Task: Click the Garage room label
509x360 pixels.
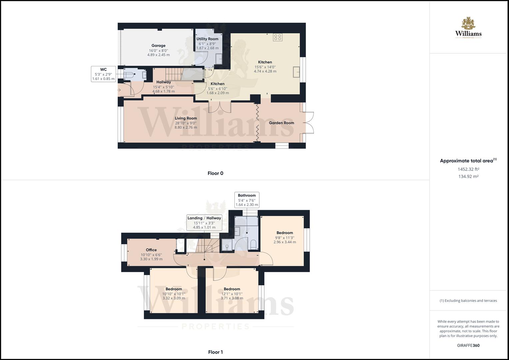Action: (158, 46)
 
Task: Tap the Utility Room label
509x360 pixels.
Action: (207, 39)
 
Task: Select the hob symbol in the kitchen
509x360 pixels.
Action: (278, 37)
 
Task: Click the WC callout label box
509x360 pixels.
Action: (103, 74)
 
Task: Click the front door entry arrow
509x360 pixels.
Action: (119, 90)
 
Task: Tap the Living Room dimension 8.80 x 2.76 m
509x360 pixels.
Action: (186, 127)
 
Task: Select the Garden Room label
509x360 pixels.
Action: (281, 123)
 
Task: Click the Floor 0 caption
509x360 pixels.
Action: (215, 173)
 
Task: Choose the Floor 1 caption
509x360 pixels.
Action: (215, 352)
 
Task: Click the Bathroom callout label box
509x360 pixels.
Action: (247, 200)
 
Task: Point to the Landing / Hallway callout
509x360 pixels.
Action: (204, 222)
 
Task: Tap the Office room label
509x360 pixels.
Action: (151, 250)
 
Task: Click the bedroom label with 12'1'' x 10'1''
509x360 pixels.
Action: (232, 289)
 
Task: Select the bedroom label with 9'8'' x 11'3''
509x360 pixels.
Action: (285, 233)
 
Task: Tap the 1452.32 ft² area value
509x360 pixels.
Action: (468, 169)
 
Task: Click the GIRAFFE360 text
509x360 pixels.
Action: (468, 345)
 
